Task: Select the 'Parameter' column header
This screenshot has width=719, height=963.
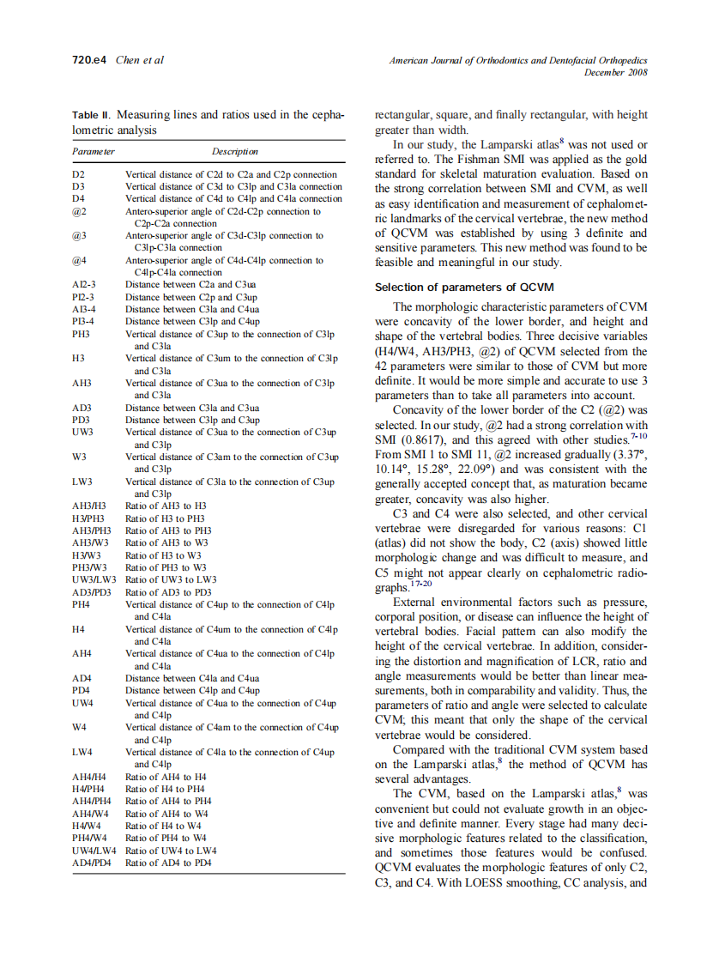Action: (93, 151)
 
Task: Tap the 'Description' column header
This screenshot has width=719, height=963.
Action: (234, 151)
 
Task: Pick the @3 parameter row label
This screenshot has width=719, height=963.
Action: (79, 235)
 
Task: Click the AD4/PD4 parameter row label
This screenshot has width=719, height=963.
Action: (93, 863)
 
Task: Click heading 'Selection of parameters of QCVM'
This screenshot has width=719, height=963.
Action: (464, 287)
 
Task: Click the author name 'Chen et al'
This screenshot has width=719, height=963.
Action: (139, 60)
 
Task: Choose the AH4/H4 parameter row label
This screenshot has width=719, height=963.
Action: (88, 777)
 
